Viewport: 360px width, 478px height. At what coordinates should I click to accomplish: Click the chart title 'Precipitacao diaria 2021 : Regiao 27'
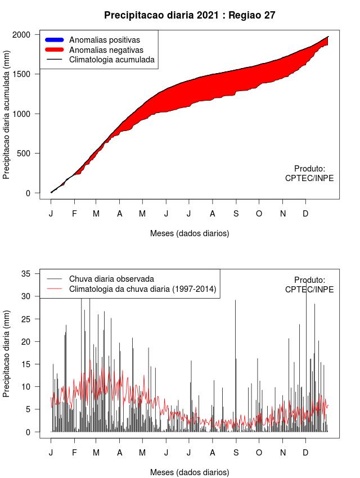[190, 15]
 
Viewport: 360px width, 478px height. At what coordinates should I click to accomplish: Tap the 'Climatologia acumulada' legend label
[111, 59]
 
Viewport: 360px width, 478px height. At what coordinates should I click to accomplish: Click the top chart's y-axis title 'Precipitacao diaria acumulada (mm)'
[7, 119]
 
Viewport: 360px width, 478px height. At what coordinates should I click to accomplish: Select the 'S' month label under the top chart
[236, 214]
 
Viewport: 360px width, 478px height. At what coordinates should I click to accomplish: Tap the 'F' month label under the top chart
[74, 214]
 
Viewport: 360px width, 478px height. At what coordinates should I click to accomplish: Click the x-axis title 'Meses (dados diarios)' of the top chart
[190, 233]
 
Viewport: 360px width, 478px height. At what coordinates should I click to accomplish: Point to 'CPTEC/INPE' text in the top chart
[309, 178]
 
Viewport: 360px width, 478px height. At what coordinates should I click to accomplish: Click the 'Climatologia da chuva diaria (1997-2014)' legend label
[143, 289]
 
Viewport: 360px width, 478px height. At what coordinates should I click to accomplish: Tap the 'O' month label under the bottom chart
[259, 453]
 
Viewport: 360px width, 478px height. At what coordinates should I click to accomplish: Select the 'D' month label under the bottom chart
[305, 453]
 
